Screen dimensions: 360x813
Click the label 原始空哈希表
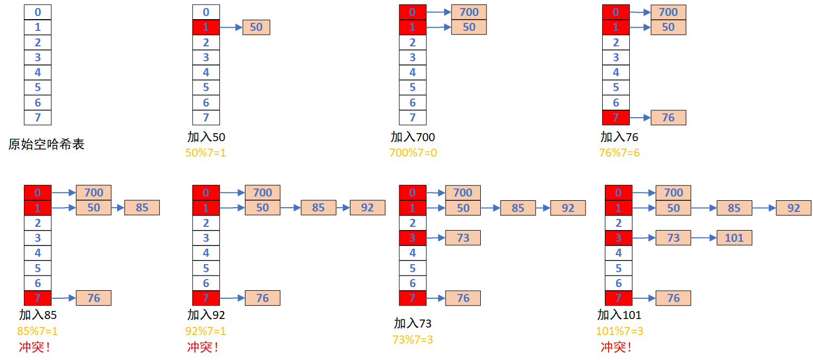46,144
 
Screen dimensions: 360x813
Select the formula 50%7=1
206,153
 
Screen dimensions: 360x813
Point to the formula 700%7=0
413,153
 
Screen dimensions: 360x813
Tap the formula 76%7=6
619,153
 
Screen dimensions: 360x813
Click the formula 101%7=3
619,331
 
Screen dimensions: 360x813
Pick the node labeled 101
734,238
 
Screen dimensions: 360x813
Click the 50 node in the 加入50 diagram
256,27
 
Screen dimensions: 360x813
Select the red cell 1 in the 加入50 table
206,27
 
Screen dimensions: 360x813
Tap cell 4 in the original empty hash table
38,72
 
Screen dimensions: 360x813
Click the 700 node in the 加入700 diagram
469,12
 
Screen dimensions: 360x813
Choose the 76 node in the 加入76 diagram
668,118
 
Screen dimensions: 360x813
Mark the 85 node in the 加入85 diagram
142,208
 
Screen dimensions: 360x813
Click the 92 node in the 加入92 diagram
367,208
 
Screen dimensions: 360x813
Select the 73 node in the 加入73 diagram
463,238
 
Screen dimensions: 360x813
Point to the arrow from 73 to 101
704,238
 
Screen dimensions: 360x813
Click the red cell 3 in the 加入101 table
619,238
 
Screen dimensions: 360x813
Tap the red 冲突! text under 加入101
616,347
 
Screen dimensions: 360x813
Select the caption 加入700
413,137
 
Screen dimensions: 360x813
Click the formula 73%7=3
413,339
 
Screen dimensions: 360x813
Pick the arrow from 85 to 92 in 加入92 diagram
343,208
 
